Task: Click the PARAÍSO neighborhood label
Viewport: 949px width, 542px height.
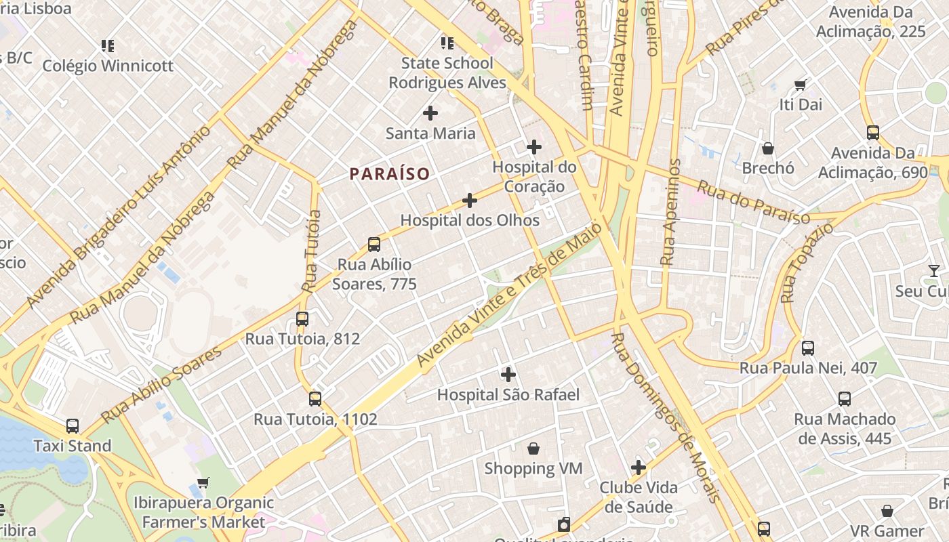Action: click(390, 174)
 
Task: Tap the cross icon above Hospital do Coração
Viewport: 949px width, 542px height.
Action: click(534, 146)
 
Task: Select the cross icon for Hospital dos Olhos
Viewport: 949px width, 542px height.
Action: click(470, 201)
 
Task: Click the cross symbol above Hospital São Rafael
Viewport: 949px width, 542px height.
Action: click(508, 374)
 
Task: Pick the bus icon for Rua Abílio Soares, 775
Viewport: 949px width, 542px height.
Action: click(373, 245)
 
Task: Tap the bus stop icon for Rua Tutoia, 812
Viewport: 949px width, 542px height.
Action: click(302, 318)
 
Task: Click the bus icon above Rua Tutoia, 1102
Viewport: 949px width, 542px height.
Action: click(315, 398)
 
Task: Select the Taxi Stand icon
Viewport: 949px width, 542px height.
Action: click(73, 426)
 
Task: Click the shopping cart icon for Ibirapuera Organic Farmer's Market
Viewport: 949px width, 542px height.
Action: click(203, 483)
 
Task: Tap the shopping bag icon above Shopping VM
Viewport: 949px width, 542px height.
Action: click(533, 449)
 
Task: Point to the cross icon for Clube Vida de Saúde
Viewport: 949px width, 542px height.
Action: click(638, 467)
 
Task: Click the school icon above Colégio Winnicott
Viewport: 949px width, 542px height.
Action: click(108, 46)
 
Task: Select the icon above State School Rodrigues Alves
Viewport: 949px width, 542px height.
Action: click(447, 43)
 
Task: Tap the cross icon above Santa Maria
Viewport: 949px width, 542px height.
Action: click(430, 113)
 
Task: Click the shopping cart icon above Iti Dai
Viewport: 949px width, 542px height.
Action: click(801, 85)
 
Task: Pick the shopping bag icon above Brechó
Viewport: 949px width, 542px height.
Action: click(768, 148)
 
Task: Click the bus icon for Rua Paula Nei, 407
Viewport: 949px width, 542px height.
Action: click(808, 348)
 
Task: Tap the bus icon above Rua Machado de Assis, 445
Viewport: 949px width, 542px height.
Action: click(845, 399)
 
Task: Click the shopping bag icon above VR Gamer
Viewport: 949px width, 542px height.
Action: click(887, 511)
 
